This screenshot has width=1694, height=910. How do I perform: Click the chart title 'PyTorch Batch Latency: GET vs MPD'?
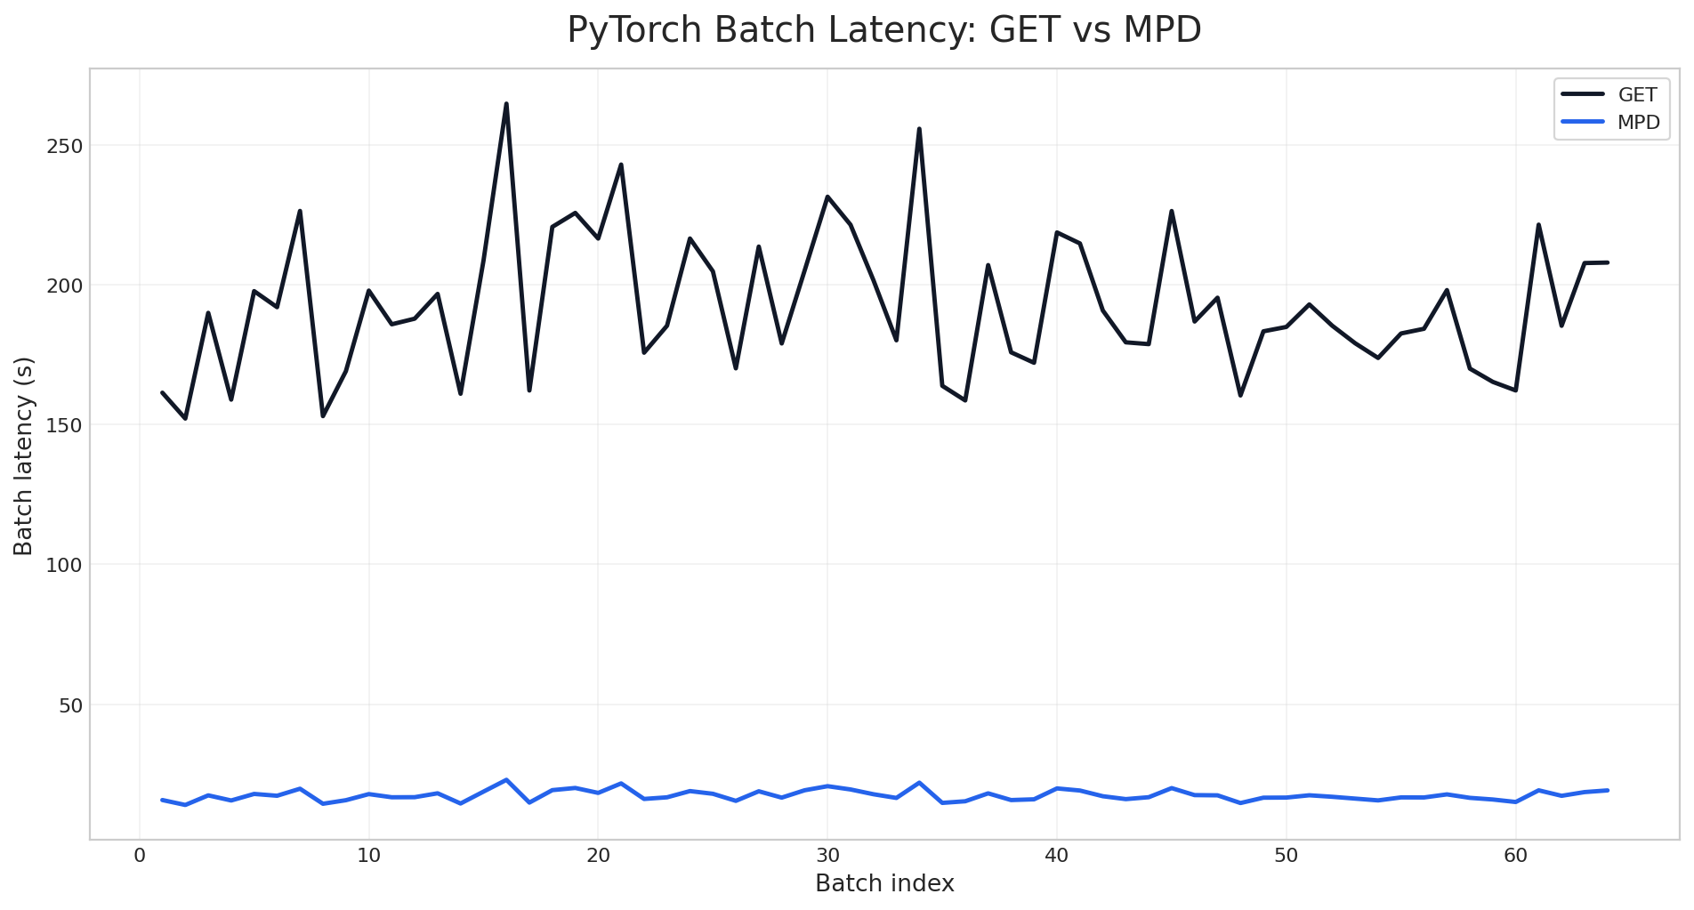pyautogui.click(x=884, y=30)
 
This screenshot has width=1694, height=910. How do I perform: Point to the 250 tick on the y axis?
pyautogui.click(x=64, y=146)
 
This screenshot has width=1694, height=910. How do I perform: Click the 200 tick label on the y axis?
pyautogui.click(x=64, y=286)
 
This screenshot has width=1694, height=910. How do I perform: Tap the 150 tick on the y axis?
pyautogui.click(x=64, y=425)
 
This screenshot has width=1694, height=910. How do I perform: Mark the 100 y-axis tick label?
pyautogui.click(x=64, y=565)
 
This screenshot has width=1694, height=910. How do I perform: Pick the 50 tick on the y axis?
pyautogui.click(x=69, y=705)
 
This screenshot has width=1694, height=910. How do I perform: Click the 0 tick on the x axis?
pyautogui.click(x=140, y=856)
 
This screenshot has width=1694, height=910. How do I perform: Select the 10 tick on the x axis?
pyautogui.click(x=368, y=856)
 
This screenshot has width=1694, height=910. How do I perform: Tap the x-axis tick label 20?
pyautogui.click(x=598, y=856)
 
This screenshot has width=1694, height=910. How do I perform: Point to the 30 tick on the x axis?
pyautogui.click(x=827, y=856)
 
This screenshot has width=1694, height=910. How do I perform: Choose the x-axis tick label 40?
pyautogui.click(x=1056, y=856)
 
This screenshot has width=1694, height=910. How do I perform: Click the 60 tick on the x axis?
pyautogui.click(x=1515, y=856)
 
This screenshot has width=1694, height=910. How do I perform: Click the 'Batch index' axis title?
pyautogui.click(x=884, y=884)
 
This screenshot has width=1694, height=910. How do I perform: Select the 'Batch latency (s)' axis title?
pyautogui.click(x=24, y=455)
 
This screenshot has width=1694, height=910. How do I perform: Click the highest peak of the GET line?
pyautogui.click(x=506, y=104)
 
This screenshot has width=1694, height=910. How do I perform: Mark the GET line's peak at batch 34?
pyautogui.click(x=919, y=129)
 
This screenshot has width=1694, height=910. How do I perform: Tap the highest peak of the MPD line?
pyautogui.click(x=506, y=780)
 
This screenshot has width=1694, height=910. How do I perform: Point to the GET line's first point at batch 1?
pyautogui.click(x=163, y=392)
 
